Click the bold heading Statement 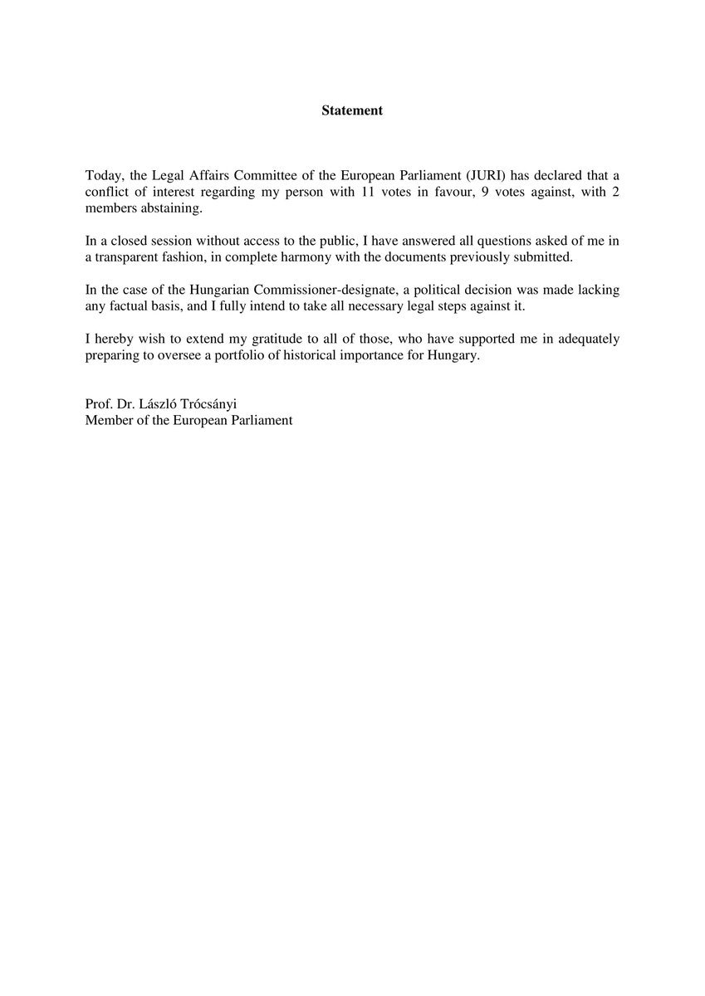tap(352, 110)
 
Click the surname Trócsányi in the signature tap(207, 405)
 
